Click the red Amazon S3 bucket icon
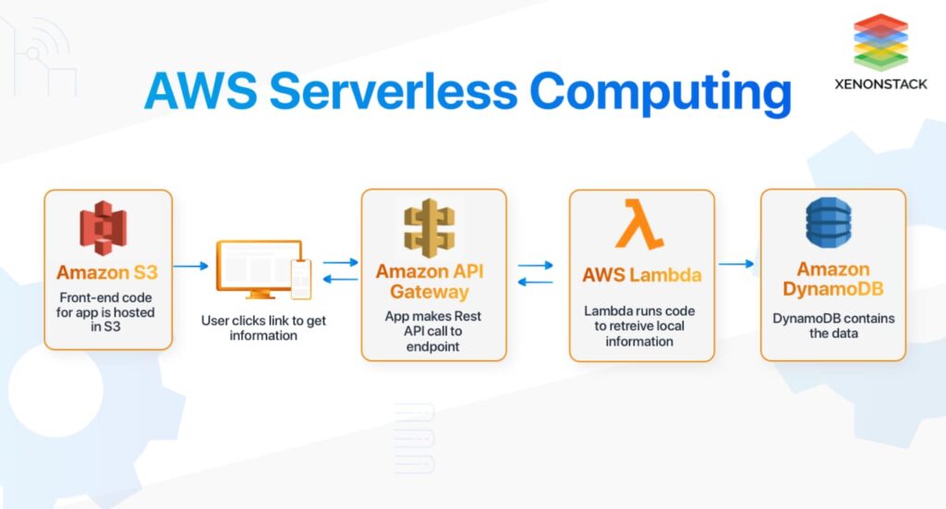click(103, 228)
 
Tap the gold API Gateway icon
click(429, 228)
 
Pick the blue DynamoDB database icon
click(829, 223)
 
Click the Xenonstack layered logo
click(880, 42)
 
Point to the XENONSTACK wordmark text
click(880, 84)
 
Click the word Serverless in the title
click(394, 91)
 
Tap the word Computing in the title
click(661, 93)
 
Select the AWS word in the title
click(200, 91)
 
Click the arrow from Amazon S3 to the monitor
click(190, 265)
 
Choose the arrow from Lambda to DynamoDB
click(736, 263)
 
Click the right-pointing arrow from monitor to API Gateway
click(340, 262)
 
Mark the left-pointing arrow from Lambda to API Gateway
click(536, 282)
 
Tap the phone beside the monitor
click(301, 279)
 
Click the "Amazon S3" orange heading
click(107, 273)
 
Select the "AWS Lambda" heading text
click(642, 275)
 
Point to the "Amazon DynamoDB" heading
click(833, 279)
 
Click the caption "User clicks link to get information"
click(263, 328)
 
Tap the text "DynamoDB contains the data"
click(834, 326)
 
